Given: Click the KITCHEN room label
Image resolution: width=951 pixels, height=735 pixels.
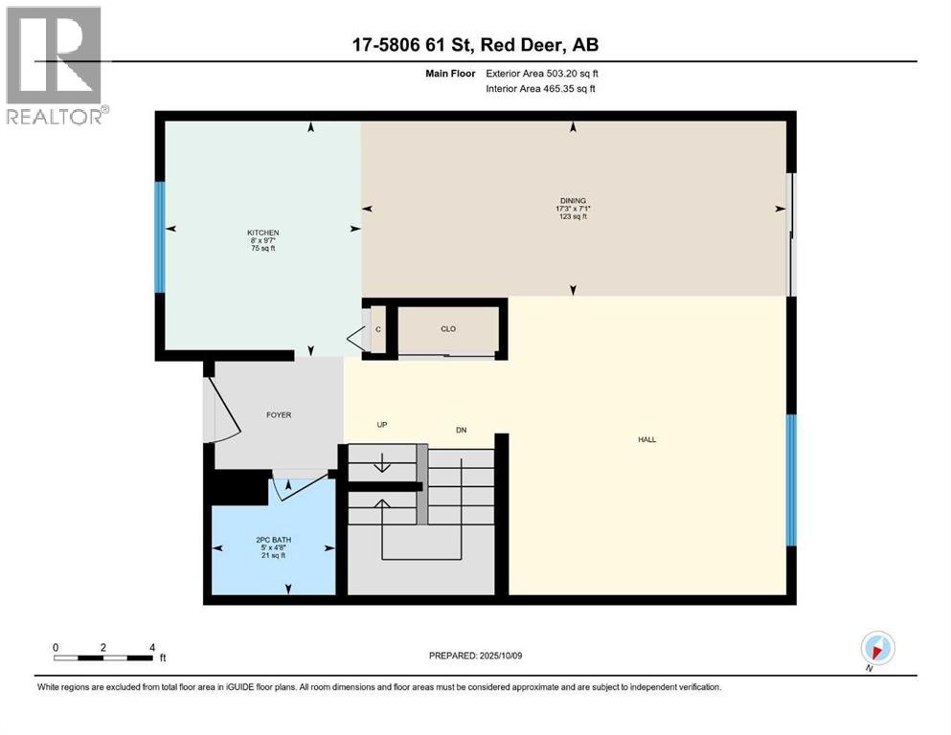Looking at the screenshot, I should [262, 233].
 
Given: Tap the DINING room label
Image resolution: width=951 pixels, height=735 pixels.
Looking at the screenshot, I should [573, 201].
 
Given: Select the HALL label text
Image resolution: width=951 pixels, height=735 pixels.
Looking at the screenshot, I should [647, 440].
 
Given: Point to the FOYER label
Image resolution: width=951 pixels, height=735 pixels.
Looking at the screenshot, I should [278, 414].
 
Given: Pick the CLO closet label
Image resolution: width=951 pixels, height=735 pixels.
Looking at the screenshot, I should [448, 329].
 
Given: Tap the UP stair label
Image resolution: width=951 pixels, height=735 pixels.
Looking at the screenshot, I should [381, 424].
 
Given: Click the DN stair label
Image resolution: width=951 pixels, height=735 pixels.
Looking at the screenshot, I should [461, 430].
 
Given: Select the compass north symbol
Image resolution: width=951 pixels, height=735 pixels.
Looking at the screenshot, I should [877, 648].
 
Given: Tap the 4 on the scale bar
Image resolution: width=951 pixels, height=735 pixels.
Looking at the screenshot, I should [152, 647].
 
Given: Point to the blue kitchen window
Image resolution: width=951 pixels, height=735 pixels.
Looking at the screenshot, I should [160, 236].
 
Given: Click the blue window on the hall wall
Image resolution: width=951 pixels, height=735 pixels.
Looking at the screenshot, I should [791, 479].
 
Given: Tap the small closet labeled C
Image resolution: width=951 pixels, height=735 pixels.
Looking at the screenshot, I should [378, 329].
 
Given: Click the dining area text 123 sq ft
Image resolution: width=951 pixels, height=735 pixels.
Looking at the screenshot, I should [573, 217].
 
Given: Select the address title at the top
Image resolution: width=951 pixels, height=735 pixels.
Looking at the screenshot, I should [474, 45].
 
